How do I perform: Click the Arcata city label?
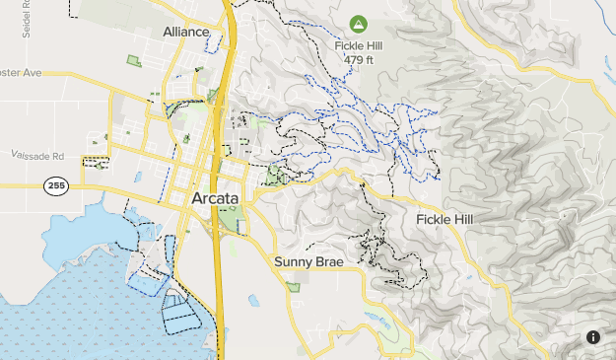(x=214, y=200)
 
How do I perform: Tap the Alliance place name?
(x=187, y=32)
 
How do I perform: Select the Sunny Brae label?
(x=306, y=261)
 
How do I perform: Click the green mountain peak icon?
(x=358, y=22)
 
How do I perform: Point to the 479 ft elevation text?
(x=358, y=60)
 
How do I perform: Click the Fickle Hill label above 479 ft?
(x=358, y=46)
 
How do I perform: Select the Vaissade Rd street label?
(x=37, y=156)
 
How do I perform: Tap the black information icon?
(x=593, y=337)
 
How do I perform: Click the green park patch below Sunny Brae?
(x=293, y=287)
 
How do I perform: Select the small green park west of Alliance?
(x=134, y=61)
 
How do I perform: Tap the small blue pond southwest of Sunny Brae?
(x=254, y=300)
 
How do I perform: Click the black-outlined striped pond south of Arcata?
(x=180, y=312)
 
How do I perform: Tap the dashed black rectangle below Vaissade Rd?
(x=97, y=163)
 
